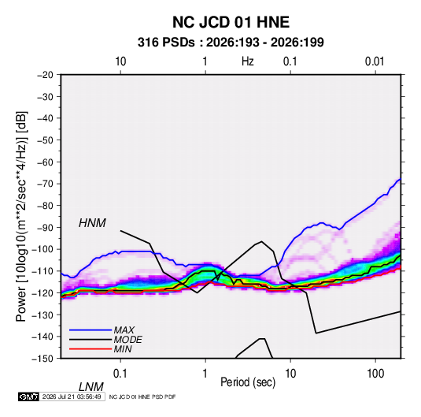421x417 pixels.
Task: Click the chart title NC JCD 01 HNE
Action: (x=231, y=22)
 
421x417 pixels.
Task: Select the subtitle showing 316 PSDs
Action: (x=231, y=43)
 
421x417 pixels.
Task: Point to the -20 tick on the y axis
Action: (x=45, y=75)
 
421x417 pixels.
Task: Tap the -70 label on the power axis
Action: (x=45, y=184)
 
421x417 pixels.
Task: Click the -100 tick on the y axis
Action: (x=42, y=249)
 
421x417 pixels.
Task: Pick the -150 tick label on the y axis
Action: (x=42, y=359)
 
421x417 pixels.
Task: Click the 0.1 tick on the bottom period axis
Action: (x=120, y=374)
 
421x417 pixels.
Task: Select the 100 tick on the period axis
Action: (x=375, y=374)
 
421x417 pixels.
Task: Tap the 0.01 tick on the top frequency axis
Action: (x=375, y=61)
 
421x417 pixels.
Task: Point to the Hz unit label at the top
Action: (x=248, y=61)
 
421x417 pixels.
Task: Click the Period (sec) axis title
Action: (x=248, y=382)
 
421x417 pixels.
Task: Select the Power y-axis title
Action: (x=21, y=216)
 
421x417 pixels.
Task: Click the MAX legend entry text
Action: (x=124, y=330)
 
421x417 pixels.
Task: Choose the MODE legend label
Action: (x=127, y=340)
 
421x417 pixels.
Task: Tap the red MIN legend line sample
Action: (x=90, y=349)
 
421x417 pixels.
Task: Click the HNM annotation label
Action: (x=92, y=223)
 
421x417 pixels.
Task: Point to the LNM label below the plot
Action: (x=90, y=387)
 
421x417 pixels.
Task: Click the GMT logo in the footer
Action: (x=28, y=397)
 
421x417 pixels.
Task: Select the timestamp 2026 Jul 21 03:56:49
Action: (x=72, y=397)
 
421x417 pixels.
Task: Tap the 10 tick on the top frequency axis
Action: (x=120, y=61)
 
